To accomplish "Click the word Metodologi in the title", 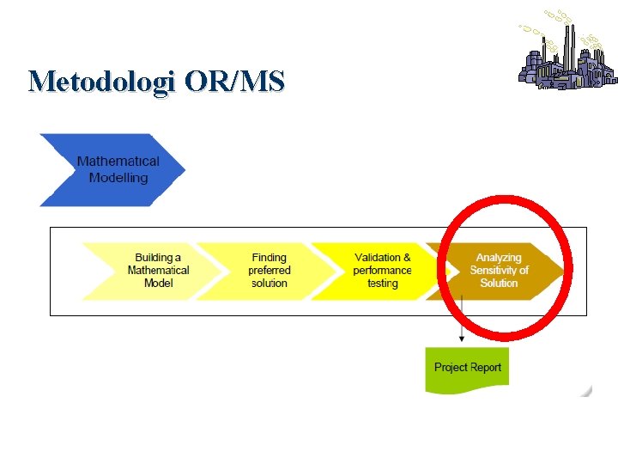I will coord(101,82).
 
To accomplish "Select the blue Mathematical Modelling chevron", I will coord(112,169).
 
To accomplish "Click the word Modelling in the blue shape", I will coord(118,178).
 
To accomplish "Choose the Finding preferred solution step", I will coord(269,270).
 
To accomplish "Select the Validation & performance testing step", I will coord(382,270).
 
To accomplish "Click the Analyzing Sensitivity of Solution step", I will coord(500,270).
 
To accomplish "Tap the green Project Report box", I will coord(467,368).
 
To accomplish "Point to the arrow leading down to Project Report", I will coord(462,322).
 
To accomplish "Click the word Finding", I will coord(269,258).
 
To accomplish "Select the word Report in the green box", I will coord(485,368).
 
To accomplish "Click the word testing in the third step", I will coord(383,283).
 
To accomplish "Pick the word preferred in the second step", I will coord(269,270).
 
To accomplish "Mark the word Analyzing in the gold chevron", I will coord(500,258).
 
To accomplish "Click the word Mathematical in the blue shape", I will coord(118,161).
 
